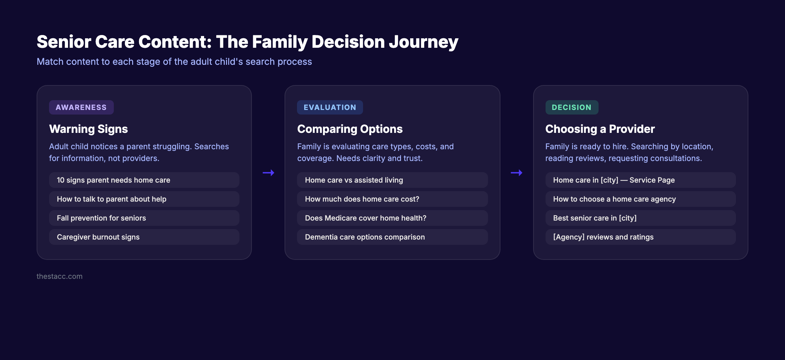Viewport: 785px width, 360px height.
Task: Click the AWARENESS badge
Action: tap(81, 107)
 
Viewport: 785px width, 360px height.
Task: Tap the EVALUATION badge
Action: tap(330, 107)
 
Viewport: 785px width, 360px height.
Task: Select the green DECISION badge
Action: tap(571, 107)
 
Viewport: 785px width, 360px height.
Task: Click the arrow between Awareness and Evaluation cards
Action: tap(268, 172)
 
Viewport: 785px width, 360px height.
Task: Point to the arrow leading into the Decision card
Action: tap(516, 172)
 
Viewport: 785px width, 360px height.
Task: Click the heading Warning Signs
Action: tap(88, 129)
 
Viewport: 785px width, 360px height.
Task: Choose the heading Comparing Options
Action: tap(350, 129)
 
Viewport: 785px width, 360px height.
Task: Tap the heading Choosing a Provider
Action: tap(600, 129)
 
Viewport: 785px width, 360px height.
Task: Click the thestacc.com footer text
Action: tap(60, 276)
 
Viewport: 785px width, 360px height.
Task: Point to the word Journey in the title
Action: tap(423, 42)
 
